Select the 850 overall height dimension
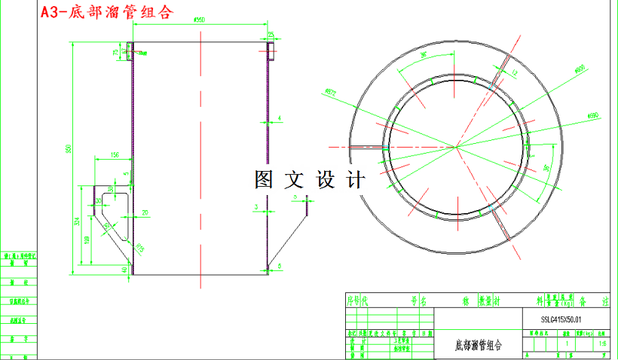68,150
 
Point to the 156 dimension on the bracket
115,155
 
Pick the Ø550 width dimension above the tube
200,20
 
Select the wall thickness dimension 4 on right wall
278,118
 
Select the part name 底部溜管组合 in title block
478,346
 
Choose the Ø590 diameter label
592,114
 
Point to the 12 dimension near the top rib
515,73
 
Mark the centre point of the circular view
456,145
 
